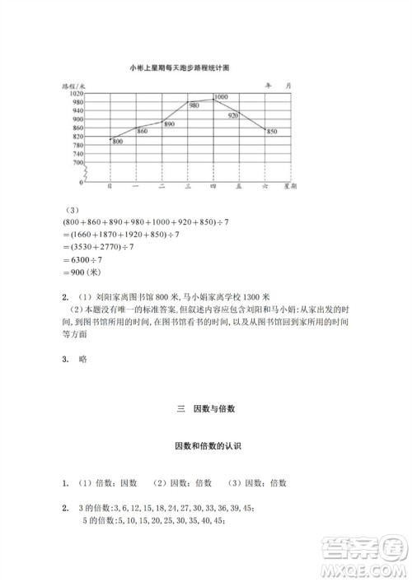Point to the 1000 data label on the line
pos(221,98)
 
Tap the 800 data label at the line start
pos(117,142)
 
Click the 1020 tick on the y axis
pos(77,94)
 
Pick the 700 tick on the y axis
pos(78,163)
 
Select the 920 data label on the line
pos(233,116)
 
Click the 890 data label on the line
pos(169,123)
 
